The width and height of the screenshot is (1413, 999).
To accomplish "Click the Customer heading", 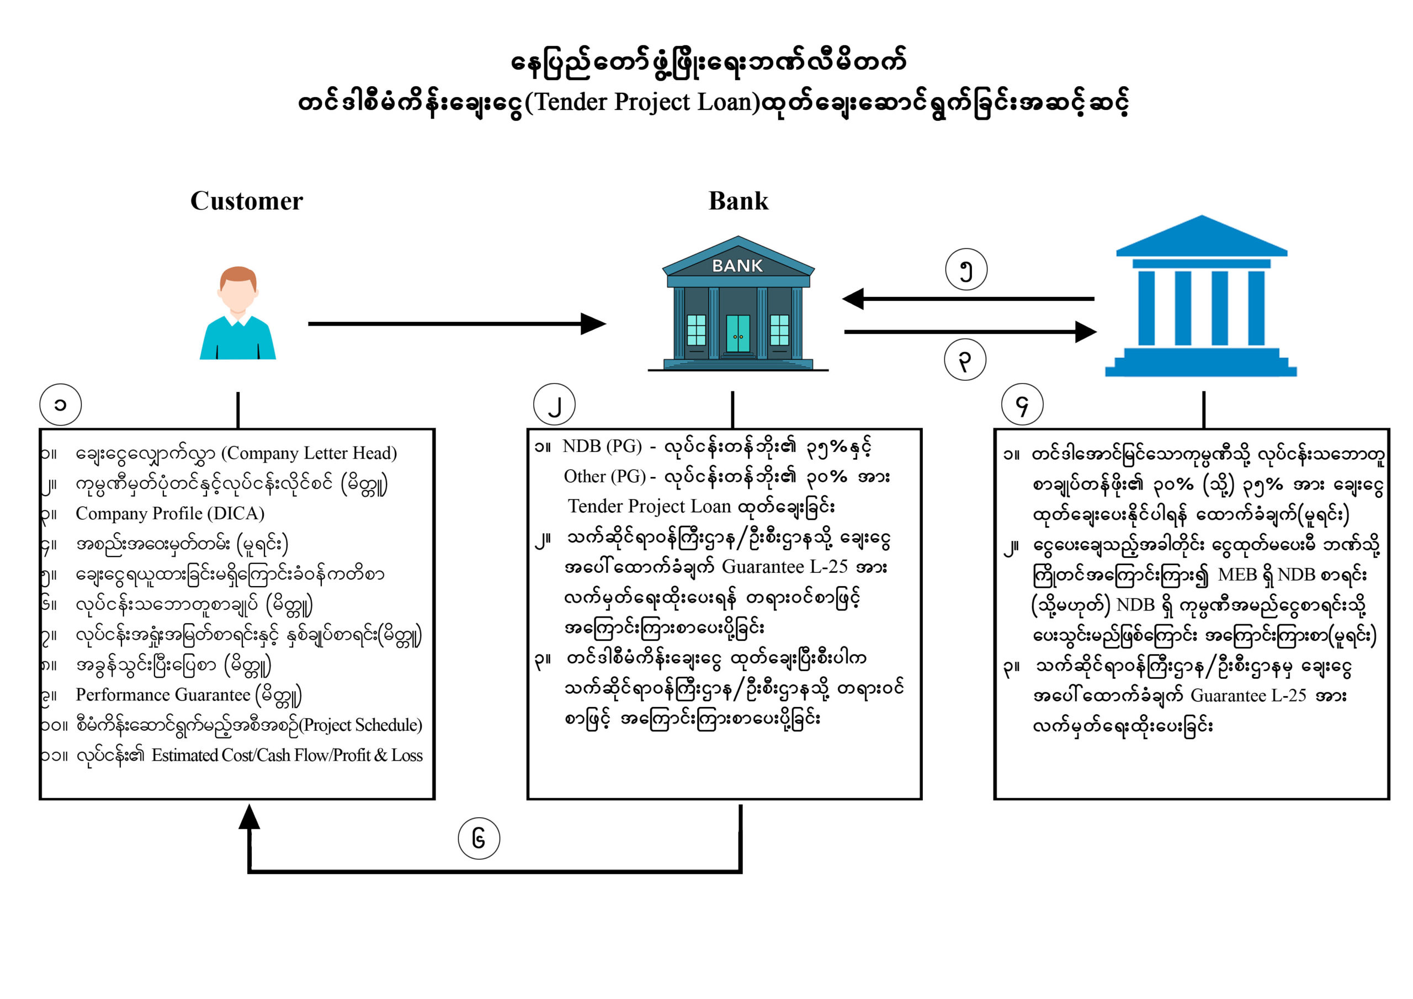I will click(x=246, y=201).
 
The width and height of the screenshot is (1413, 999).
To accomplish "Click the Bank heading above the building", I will click(x=738, y=201).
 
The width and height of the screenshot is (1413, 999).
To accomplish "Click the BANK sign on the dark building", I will click(x=737, y=266).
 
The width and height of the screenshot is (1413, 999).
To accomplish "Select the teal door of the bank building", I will click(x=738, y=333).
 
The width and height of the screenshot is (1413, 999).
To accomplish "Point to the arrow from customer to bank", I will click(x=455, y=323).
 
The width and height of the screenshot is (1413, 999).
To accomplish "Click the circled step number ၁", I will click(x=60, y=405).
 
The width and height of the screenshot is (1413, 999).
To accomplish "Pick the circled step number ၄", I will click(x=1022, y=405).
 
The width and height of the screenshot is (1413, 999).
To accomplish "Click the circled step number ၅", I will click(x=966, y=269).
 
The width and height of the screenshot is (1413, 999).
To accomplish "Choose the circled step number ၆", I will click(x=479, y=838).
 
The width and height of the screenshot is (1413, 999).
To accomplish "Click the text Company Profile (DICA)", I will click(x=170, y=513).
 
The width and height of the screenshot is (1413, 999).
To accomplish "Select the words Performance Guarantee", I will click(x=163, y=695).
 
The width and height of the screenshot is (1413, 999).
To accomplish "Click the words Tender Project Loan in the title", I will click(x=646, y=102).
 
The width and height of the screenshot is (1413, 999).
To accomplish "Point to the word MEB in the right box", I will click(x=1237, y=575).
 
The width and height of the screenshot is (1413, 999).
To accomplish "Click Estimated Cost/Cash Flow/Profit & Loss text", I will click(x=287, y=755).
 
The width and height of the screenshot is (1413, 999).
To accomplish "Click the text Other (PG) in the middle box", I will click(x=604, y=476).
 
